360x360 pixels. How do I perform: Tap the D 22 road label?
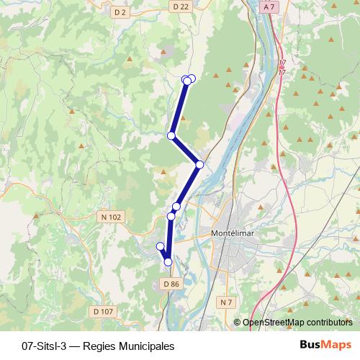tap(181, 6)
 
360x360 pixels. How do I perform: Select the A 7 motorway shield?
tap(269, 6)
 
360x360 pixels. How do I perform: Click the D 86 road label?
tap(171, 284)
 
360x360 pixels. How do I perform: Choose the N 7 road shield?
tap(228, 302)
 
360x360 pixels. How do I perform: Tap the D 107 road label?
tap(104, 311)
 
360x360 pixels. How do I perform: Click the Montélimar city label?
tap(233, 234)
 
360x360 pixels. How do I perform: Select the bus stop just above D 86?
tap(168, 262)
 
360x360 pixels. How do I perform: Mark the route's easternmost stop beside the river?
tap(199, 164)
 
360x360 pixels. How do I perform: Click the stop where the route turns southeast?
tap(171, 135)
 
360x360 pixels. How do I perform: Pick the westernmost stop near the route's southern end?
tap(160, 246)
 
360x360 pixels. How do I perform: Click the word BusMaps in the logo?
tap(325, 345)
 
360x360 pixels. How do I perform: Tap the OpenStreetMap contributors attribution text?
tap(297, 323)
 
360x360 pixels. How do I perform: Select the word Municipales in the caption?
tap(148, 346)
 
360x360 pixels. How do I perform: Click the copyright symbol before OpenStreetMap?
tap(237, 323)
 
